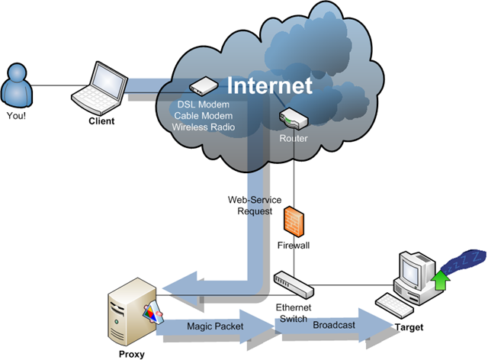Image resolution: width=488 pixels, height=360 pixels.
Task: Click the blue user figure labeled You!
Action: [x=17, y=85]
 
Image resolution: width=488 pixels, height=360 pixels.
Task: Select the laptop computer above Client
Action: [x=100, y=88]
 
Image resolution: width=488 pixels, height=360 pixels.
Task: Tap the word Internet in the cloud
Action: [x=269, y=85]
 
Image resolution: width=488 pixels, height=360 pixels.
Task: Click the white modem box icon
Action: [x=204, y=85]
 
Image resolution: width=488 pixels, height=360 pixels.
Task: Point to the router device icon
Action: [x=294, y=118]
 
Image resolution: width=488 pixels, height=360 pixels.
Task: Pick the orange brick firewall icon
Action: [x=294, y=221]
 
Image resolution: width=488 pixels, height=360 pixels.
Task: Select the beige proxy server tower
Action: [x=132, y=311]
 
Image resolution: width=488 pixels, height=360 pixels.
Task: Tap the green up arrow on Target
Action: [x=441, y=280]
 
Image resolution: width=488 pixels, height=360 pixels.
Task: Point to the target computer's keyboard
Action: [x=394, y=305]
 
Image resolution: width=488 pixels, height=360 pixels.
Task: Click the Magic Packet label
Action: [x=215, y=326]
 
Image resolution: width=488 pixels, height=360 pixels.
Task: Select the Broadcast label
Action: [x=334, y=325]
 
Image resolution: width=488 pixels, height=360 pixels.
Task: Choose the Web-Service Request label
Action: [x=255, y=205]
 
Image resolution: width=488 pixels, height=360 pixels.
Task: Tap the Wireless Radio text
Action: [x=204, y=127]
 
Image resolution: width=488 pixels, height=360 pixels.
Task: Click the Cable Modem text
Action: [x=204, y=116]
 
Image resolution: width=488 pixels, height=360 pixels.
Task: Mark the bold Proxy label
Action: [x=132, y=355]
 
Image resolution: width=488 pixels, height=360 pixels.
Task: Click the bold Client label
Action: [x=101, y=121]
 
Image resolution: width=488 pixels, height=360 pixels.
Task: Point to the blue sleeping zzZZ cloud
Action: [x=464, y=261]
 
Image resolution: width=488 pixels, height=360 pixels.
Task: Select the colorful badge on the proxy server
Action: [x=153, y=313]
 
